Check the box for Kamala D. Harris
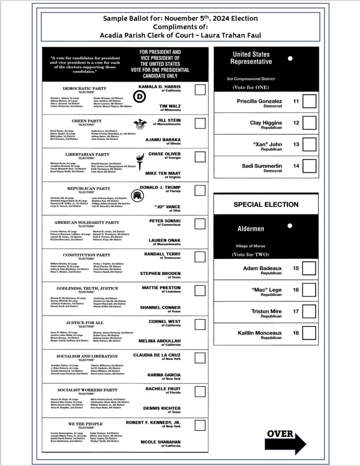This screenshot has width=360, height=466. tap(200, 89)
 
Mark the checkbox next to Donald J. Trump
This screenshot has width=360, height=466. tap(200, 190)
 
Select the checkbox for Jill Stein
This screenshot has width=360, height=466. tap(200, 123)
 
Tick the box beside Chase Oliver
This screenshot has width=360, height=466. tap(200, 157)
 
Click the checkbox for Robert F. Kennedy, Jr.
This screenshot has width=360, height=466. tap(200, 425)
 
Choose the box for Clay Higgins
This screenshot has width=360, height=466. tap(309, 123)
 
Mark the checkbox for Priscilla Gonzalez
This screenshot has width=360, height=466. tap(309, 101)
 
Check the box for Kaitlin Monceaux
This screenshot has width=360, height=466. tap(309, 334)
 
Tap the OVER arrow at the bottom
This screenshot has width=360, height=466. tap(286, 440)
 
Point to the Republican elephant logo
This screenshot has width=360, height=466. tap(139, 197)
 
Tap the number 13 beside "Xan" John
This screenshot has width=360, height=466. tap(296, 145)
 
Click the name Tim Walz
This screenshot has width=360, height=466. tap(170, 106)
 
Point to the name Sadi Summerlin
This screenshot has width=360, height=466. tap(262, 166)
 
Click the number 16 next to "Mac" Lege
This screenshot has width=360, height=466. tap(296, 290)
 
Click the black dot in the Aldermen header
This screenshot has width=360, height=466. tap(289, 226)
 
